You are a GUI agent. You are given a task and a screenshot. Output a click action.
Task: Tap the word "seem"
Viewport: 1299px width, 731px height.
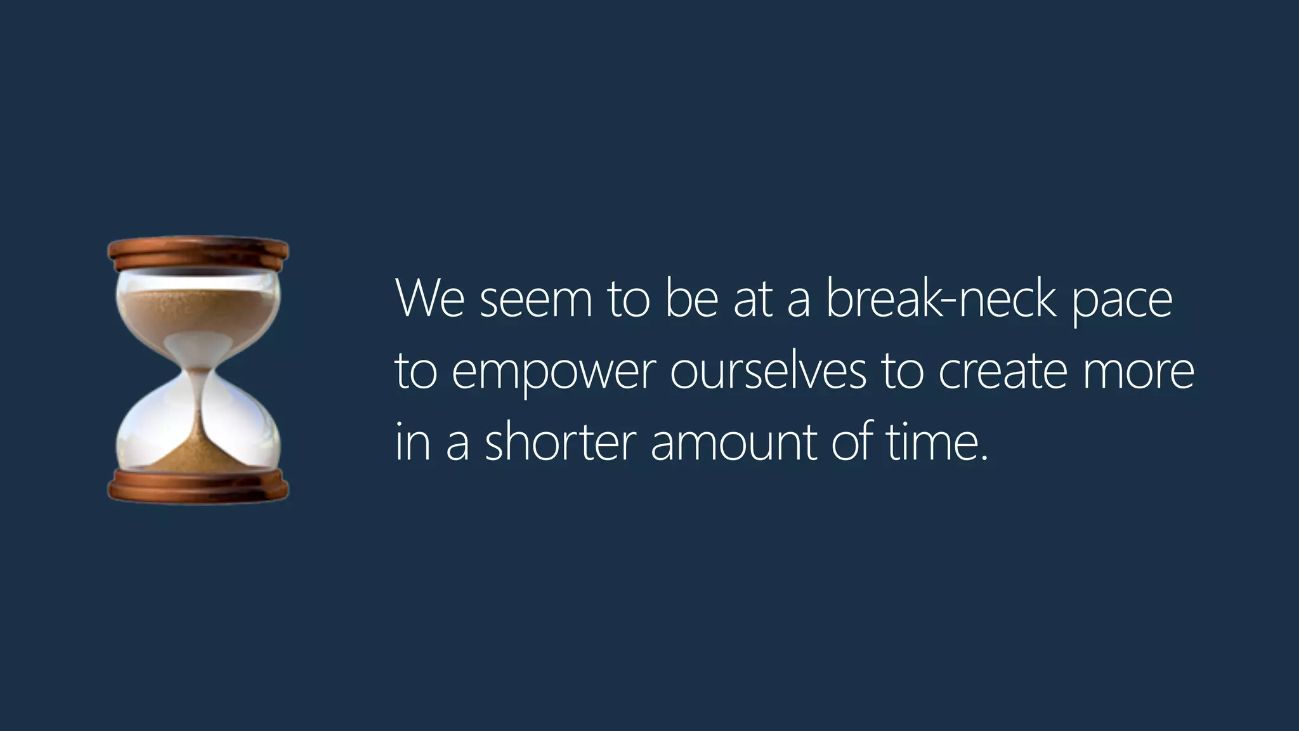pyautogui.click(x=536, y=300)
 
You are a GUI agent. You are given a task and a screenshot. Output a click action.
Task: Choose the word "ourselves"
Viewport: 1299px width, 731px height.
pyautogui.click(x=768, y=371)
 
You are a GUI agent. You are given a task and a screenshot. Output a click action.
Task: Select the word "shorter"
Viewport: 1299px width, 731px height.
pyautogui.click(x=560, y=442)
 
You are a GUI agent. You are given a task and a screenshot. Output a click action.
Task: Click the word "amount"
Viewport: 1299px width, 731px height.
pyautogui.click(x=734, y=443)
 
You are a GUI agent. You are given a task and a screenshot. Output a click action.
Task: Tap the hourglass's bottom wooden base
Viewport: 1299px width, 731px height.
pyautogui.click(x=198, y=487)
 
